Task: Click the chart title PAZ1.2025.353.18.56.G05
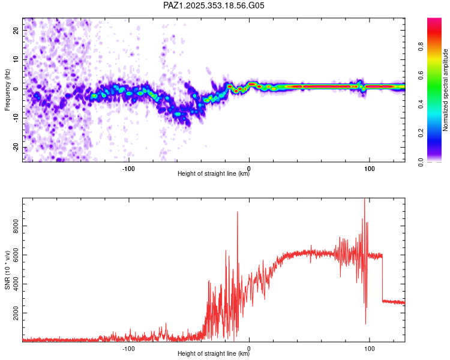[x=214, y=5]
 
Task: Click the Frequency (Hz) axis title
[x=7, y=90]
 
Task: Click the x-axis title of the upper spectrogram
[x=214, y=174]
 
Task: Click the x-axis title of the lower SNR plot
[x=214, y=354]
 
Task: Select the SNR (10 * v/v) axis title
[x=7, y=271]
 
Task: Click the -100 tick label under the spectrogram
[x=128, y=168]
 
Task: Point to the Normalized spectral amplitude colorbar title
[x=446, y=90]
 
